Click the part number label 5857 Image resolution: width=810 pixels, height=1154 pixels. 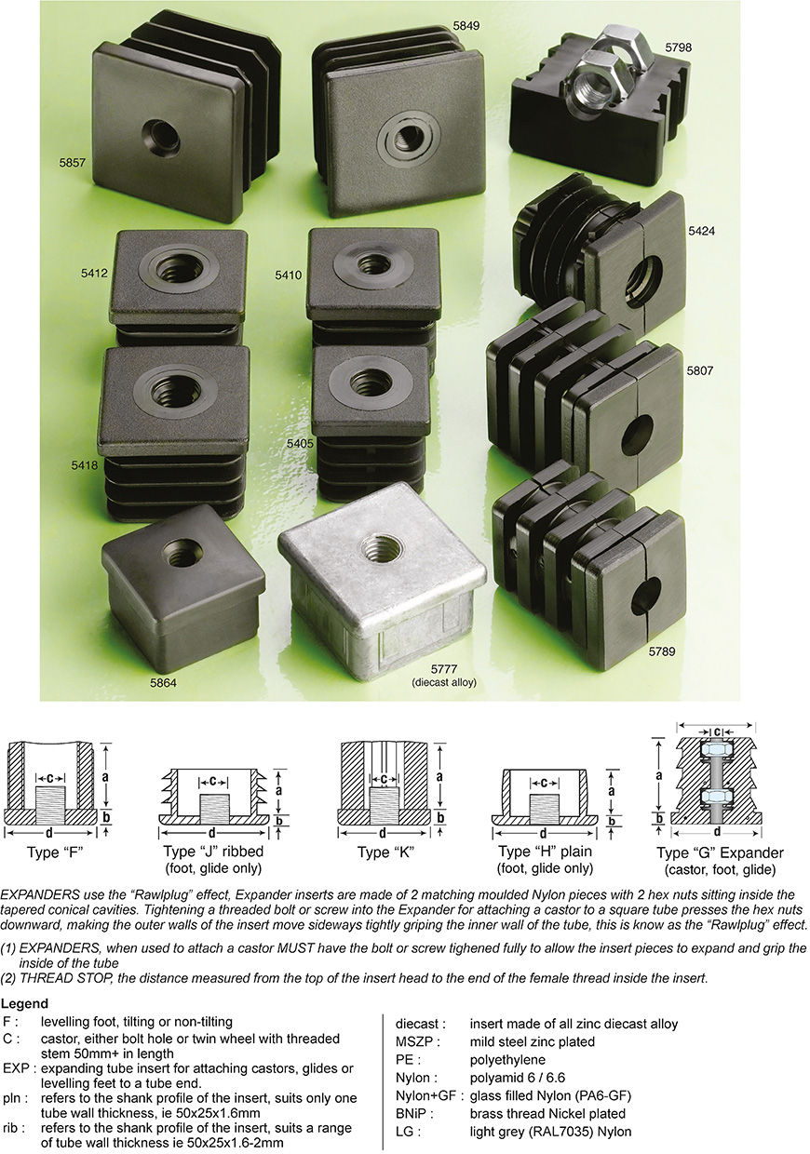(72, 162)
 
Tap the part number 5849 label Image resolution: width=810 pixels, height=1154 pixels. (466, 25)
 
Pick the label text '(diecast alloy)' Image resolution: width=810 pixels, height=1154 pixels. (444, 682)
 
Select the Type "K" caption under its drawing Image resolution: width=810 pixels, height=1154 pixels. (385, 851)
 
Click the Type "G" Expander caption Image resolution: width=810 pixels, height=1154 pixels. (720, 853)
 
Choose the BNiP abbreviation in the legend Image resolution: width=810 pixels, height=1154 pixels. (414, 1113)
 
